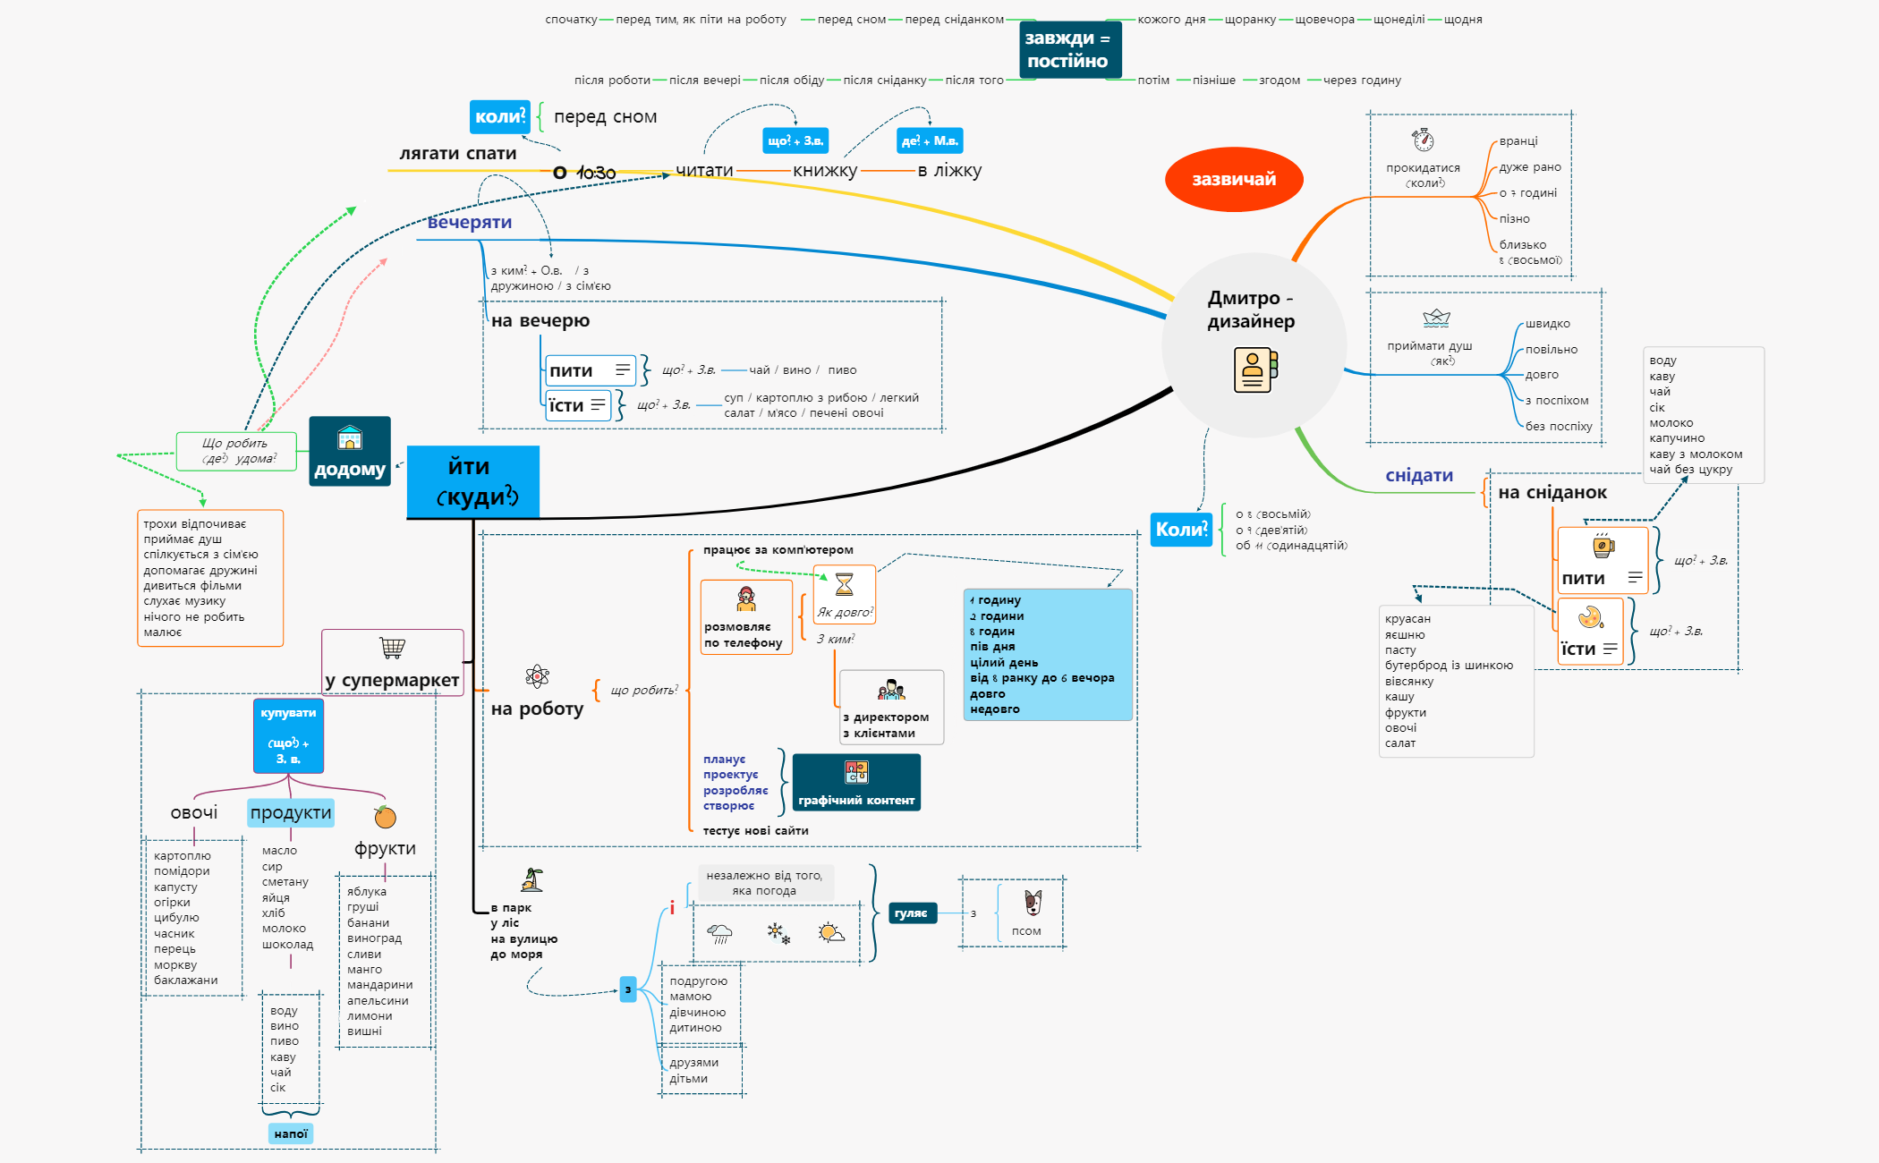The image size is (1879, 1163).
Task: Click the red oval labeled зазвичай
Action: [x=1233, y=179]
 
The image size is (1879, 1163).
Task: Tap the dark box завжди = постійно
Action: [x=1068, y=50]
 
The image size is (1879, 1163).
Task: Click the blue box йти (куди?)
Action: [x=472, y=481]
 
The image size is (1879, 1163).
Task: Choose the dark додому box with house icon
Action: [x=350, y=452]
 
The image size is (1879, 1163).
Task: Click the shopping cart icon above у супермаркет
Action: [x=392, y=647]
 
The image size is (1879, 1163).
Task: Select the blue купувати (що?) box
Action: [x=288, y=735]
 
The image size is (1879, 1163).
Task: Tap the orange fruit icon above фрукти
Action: [x=385, y=816]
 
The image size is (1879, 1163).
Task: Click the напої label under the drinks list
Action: [x=291, y=1133]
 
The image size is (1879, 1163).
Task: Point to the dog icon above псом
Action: [x=1033, y=903]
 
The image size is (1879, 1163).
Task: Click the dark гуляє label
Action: [x=911, y=913]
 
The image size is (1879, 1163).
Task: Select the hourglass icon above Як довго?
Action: [x=844, y=585]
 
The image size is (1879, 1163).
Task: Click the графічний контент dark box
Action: [x=856, y=783]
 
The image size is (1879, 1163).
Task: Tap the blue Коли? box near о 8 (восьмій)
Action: [x=1180, y=530]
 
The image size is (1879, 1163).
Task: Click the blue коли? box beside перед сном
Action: [x=499, y=116]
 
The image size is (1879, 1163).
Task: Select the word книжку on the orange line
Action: [x=824, y=170]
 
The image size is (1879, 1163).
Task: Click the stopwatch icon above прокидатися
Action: [x=1423, y=140]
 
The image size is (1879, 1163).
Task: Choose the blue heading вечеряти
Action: [x=469, y=222]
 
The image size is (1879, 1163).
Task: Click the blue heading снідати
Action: [x=1419, y=475]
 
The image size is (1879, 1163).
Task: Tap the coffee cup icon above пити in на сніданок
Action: [x=1603, y=546]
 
